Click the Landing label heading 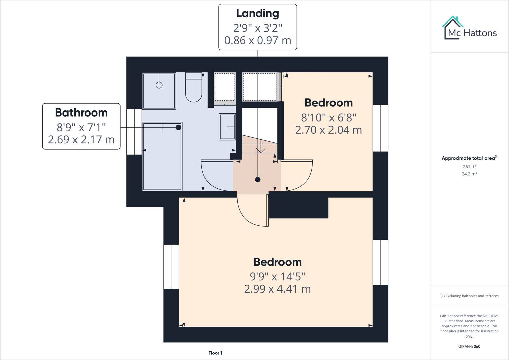[x=257, y=14]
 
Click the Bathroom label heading [x=81, y=113]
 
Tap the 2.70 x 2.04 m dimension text [x=328, y=130]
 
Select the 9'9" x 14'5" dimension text [x=277, y=276]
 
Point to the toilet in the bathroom [x=194, y=88]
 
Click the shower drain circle [x=159, y=85]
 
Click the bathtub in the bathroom [x=162, y=156]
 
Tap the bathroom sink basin [x=227, y=127]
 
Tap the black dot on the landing [x=258, y=180]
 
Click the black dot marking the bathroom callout [x=179, y=127]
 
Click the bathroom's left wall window [x=134, y=132]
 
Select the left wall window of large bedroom [x=171, y=267]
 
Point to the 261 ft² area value [x=469, y=167]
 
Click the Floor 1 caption [x=215, y=353]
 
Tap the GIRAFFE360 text [x=469, y=346]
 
